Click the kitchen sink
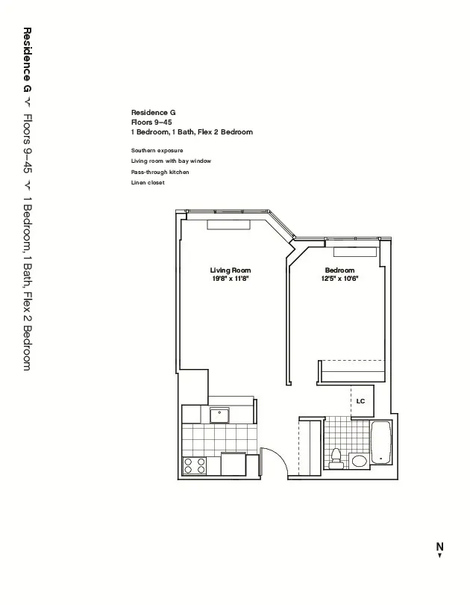(220, 415)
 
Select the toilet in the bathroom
(336, 457)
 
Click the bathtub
(381, 444)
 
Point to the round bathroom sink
(359, 461)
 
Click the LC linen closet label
(360, 401)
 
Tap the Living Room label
(231, 270)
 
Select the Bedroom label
(339, 270)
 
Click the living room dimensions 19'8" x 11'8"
(231, 279)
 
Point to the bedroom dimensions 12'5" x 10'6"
(339, 279)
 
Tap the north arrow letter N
(440, 546)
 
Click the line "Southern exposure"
(157, 150)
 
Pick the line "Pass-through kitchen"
(160, 172)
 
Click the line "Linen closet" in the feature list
(148, 183)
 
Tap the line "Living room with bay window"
(171, 161)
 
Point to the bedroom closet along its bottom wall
(352, 370)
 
